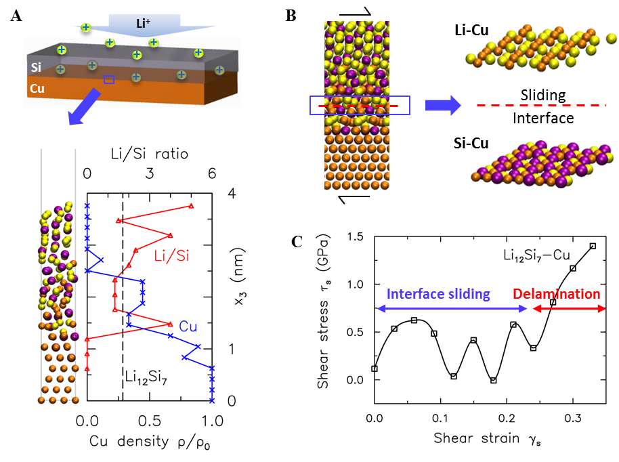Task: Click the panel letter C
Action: [x=296, y=241]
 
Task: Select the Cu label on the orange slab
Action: [x=38, y=89]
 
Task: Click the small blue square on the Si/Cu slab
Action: [x=109, y=80]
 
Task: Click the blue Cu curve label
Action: [x=188, y=327]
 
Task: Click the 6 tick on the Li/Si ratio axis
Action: [x=212, y=174]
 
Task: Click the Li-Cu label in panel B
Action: [x=473, y=30]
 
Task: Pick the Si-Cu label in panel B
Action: [x=473, y=144]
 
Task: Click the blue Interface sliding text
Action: [x=437, y=294]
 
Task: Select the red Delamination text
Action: [x=556, y=294]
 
